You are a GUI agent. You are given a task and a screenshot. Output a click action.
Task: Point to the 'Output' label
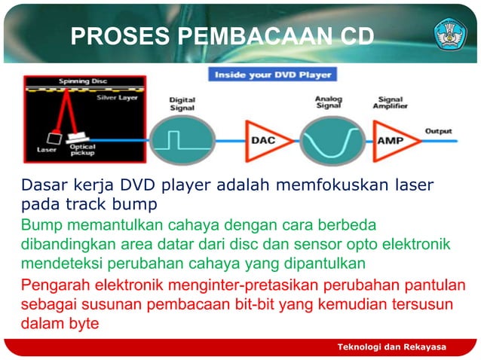point(438,130)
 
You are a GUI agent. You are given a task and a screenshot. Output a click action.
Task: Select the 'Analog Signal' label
point(329,103)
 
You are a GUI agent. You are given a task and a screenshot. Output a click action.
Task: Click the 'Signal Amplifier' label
point(391,103)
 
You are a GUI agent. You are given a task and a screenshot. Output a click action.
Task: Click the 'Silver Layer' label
point(113,97)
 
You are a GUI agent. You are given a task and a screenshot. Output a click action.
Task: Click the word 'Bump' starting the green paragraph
point(39,225)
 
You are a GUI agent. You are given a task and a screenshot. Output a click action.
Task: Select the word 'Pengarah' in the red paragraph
point(54,285)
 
